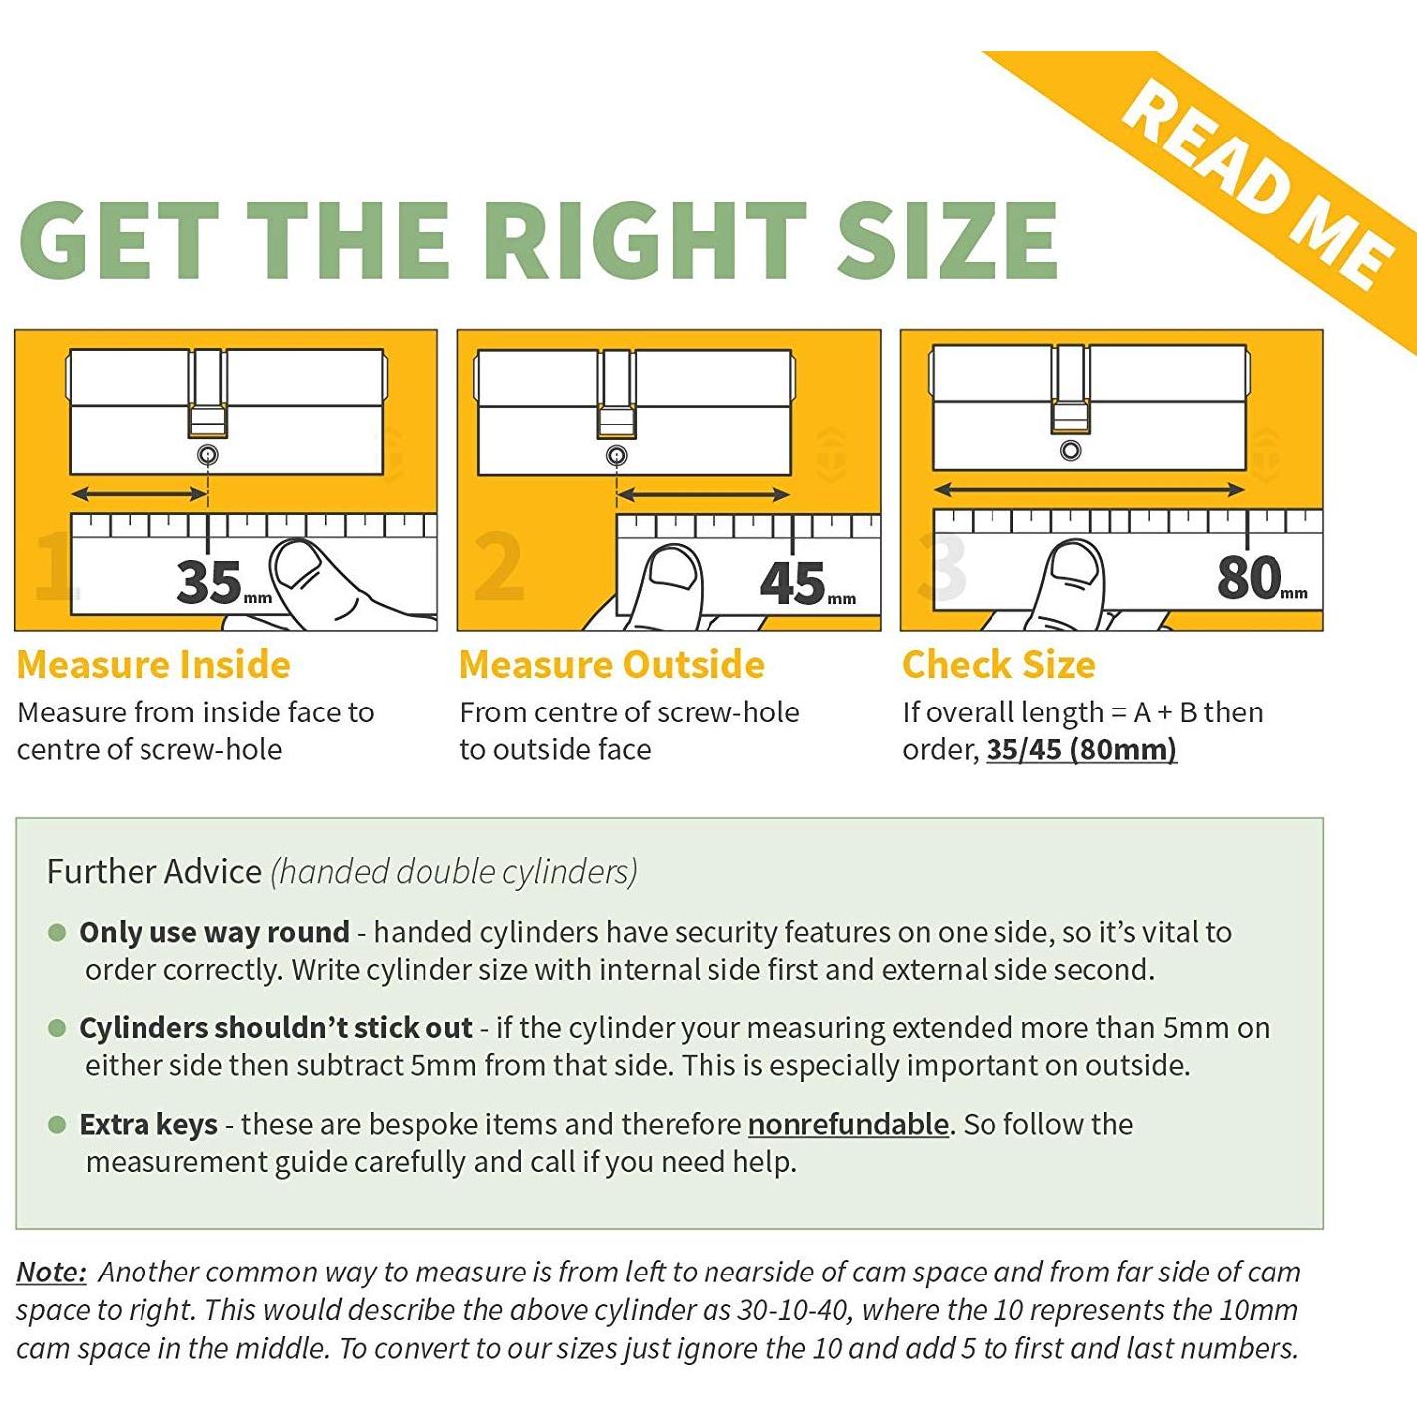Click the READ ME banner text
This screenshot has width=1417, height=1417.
coord(1259,183)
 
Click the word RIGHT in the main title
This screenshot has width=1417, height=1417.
coord(645,240)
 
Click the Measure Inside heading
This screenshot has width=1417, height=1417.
coord(153,664)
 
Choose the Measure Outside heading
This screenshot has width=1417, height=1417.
coord(612,664)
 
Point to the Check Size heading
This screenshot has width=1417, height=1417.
coord(998,664)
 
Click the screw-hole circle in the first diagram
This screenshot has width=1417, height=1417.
coord(208,456)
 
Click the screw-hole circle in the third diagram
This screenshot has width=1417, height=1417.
coord(1070,450)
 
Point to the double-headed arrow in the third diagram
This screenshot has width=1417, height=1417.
coord(1088,489)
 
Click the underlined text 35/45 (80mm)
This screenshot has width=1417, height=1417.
coord(1081,750)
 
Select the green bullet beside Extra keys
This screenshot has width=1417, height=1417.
coord(57,1124)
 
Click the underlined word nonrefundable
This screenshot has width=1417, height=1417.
coord(849,1124)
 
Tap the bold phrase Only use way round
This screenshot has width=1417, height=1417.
coord(214,932)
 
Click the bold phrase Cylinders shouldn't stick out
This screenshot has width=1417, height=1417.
coord(276,1028)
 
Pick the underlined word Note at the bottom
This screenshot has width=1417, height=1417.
coord(51,1272)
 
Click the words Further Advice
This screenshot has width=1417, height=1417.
coord(153,871)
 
